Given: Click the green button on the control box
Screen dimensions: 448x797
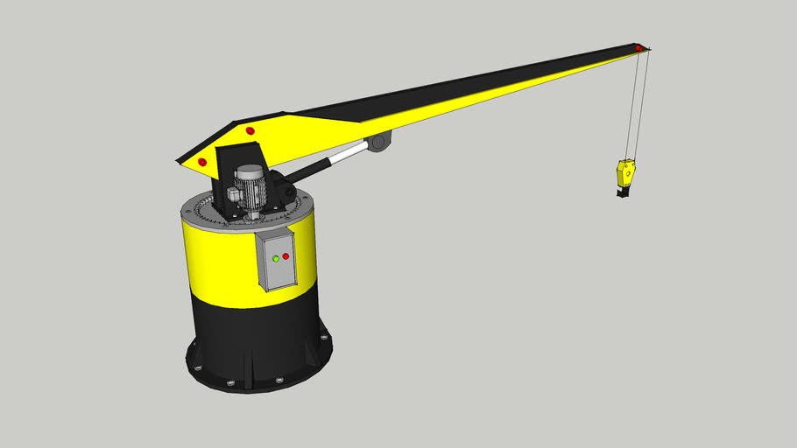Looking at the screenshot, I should pyautogui.click(x=276, y=258).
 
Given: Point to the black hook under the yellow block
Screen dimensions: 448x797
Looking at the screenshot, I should pyautogui.click(x=623, y=190).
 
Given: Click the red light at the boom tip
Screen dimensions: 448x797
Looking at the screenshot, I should pyautogui.click(x=639, y=47).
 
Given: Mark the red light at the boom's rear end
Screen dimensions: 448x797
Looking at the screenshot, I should pyautogui.click(x=202, y=162).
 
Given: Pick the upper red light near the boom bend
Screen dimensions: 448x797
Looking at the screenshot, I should pyautogui.click(x=250, y=131).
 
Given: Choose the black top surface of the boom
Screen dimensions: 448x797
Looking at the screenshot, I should pyautogui.click(x=455, y=87).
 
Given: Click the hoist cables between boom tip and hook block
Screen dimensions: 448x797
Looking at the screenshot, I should pyautogui.click(x=638, y=105).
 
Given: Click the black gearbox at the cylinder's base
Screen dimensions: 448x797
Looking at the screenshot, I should pyautogui.click(x=282, y=186).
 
